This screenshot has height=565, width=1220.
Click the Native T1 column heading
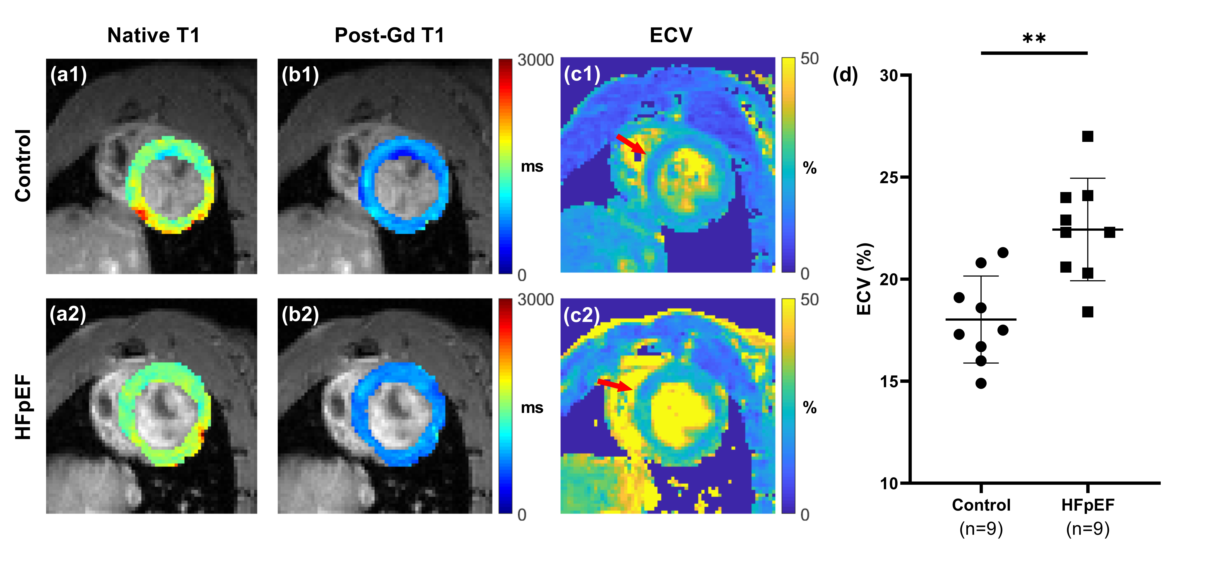click(x=153, y=36)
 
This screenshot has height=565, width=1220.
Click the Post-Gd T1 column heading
click(x=389, y=36)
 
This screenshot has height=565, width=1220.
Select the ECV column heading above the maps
click(x=671, y=36)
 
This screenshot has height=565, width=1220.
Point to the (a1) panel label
click(x=69, y=75)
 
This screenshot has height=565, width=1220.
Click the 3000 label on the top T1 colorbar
click(x=535, y=60)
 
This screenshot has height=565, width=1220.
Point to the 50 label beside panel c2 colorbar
click(x=809, y=300)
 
